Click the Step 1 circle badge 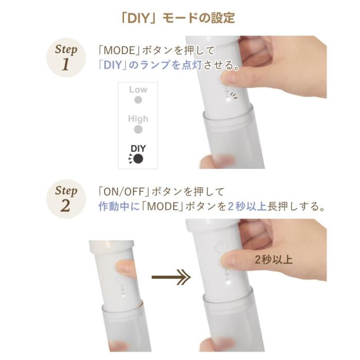(x=66, y=58)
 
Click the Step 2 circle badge (x=66, y=199)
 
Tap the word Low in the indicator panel (x=138, y=89)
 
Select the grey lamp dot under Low (x=138, y=100)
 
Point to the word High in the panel (x=138, y=119)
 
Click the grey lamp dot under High (x=138, y=130)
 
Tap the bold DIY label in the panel (x=138, y=149)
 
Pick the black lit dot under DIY (x=138, y=159)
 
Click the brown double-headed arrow (x=171, y=277)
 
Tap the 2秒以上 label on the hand (x=274, y=260)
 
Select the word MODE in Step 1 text (x=119, y=50)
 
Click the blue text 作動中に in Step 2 (x=119, y=206)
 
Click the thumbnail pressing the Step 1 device (x=228, y=79)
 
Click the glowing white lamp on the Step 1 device (x=228, y=100)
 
